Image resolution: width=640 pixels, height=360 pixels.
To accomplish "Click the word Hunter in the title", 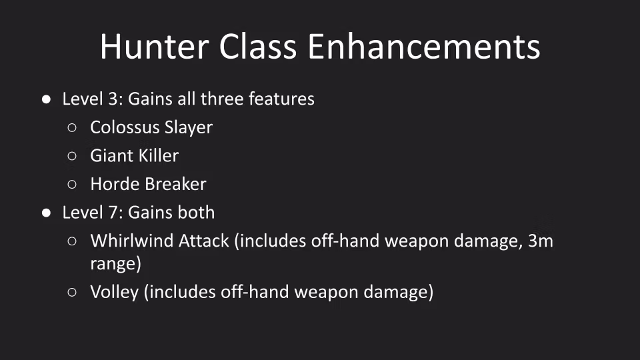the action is [x=155, y=47].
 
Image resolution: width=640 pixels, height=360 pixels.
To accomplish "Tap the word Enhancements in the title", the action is [x=424, y=47].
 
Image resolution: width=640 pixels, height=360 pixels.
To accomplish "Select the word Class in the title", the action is [x=258, y=47].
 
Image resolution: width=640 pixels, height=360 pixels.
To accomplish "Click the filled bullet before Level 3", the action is [x=46, y=99].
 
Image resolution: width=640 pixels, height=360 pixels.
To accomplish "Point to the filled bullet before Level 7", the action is [x=46, y=213].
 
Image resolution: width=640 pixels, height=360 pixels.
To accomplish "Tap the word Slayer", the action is [x=189, y=128].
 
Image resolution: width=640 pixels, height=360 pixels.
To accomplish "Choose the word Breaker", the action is [x=174, y=184].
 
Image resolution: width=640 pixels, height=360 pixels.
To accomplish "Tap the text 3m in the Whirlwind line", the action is [x=541, y=241].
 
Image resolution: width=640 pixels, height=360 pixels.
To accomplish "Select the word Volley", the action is [x=114, y=293].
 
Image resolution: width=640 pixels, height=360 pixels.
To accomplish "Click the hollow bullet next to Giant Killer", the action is [x=72, y=156].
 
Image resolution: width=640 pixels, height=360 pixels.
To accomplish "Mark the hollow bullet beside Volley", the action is [x=72, y=292].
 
